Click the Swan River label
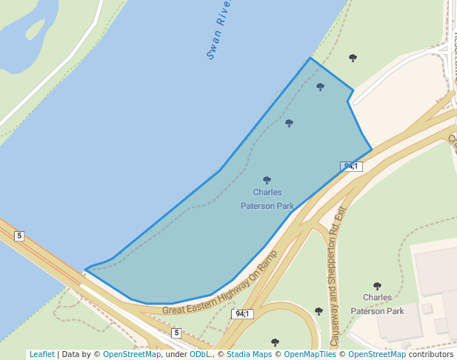coord(219,29)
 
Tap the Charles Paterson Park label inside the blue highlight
coord(267,199)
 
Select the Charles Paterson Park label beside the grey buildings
coord(377,304)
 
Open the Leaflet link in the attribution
coord(41,354)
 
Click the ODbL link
coord(200,354)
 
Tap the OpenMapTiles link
coord(310,354)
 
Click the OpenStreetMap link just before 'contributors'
coord(377,354)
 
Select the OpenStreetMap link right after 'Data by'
coord(132,354)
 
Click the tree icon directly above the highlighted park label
coord(267,180)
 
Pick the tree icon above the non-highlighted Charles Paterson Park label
coord(377,286)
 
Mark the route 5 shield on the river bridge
coord(19,236)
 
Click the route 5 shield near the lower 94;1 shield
coord(176,333)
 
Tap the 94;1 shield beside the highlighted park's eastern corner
coord(351,167)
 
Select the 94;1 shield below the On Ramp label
coord(242,314)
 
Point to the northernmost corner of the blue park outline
coord(310,58)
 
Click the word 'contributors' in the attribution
coord(430,354)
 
